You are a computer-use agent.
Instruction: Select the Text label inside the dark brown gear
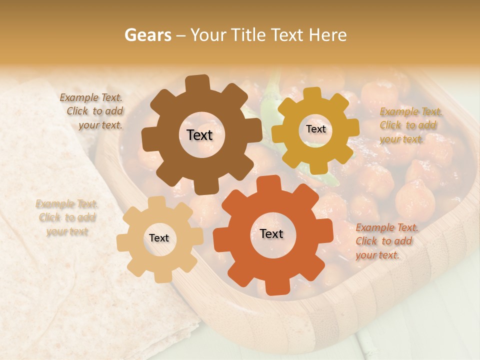[199, 135]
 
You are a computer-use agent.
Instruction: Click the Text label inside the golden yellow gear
[315, 129]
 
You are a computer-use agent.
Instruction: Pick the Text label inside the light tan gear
[159, 238]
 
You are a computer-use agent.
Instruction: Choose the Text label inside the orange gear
[271, 233]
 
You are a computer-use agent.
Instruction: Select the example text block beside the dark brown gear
[92, 111]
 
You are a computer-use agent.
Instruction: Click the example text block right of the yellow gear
[410, 125]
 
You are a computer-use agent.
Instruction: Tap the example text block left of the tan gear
[66, 217]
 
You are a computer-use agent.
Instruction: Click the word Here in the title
[328, 35]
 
